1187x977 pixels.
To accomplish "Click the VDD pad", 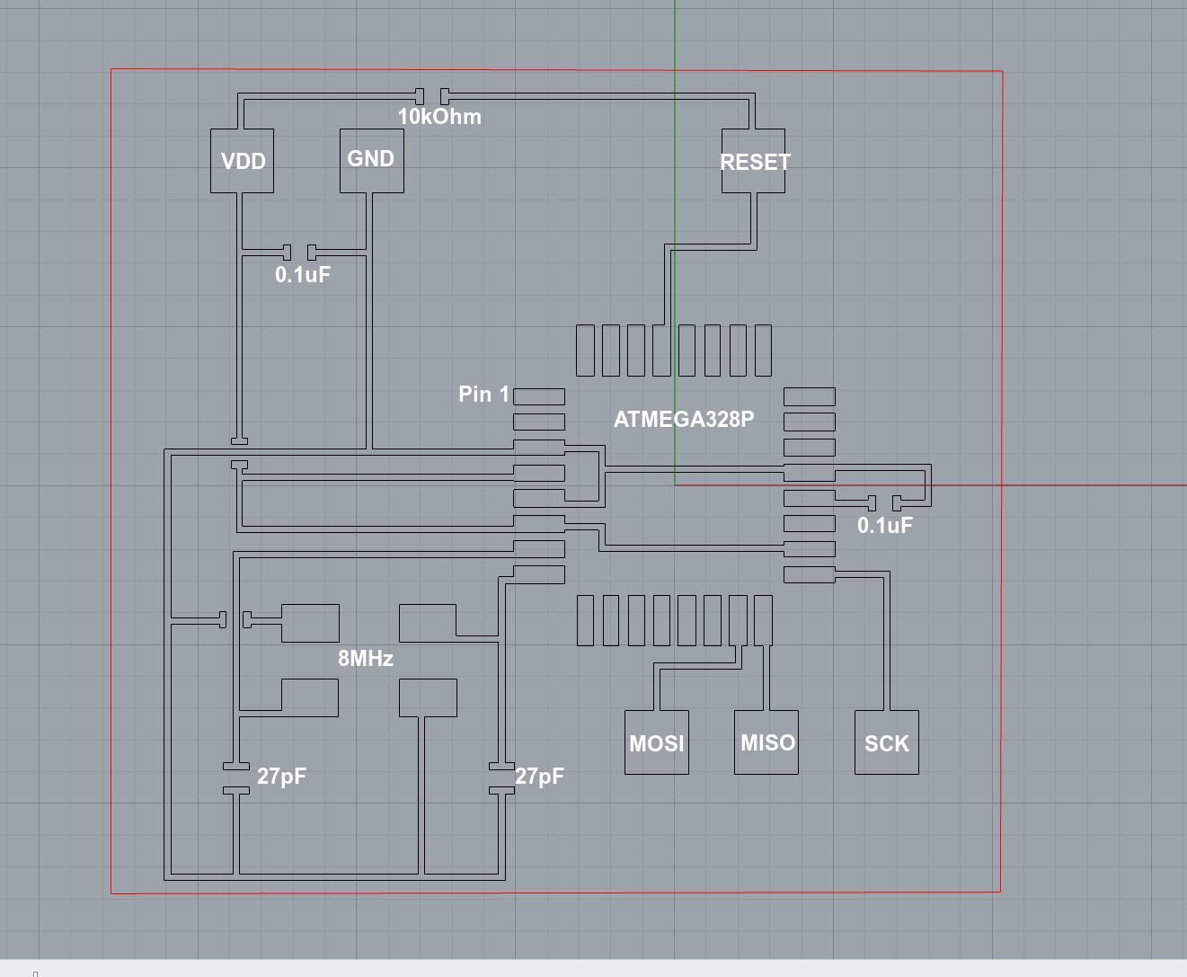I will (243, 162).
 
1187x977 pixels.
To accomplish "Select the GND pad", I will (371, 159).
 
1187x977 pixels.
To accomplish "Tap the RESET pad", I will (754, 162).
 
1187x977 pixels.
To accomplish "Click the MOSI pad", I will (657, 743).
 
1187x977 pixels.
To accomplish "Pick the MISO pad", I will (766, 742).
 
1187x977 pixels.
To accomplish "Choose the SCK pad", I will (886, 743).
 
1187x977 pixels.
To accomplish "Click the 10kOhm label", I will (439, 117).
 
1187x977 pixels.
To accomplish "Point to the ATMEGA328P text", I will (684, 419).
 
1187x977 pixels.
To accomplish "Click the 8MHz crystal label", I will (366, 659).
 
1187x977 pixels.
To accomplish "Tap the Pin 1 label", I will (483, 395).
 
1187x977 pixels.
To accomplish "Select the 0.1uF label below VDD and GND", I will (303, 275).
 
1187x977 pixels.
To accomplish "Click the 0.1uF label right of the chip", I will (885, 526).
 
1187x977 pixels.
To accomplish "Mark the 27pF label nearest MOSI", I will (540, 777).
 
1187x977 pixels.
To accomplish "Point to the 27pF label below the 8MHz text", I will (281, 776).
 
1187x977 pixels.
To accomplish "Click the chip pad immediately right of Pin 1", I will (539, 396).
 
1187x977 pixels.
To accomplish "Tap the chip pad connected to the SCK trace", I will (809, 574).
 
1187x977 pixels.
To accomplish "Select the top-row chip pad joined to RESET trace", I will (662, 351).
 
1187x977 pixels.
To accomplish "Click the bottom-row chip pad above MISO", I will (764, 620).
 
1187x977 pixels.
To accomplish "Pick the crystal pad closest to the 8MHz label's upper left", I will (310, 623).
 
